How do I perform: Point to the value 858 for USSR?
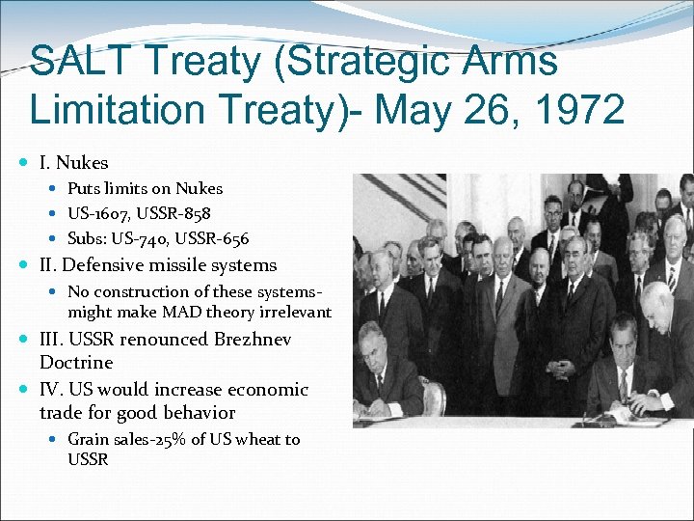coord(195,213)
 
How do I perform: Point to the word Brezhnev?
coord(252,340)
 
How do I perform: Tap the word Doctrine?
coord(76,363)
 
